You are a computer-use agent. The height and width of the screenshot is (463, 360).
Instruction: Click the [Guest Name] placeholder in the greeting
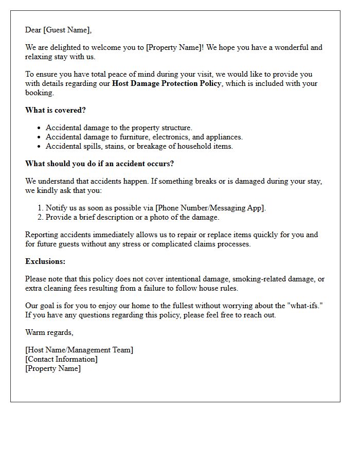[67, 30]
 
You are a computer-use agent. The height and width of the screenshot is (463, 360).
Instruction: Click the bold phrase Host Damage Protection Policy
[167, 83]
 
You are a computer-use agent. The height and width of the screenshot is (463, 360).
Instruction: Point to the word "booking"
[39, 93]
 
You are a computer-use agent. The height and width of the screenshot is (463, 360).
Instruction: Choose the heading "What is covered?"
[56, 110]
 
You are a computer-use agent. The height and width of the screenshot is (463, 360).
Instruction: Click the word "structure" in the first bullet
[175, 128]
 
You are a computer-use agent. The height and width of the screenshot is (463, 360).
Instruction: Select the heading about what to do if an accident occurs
[100, 164]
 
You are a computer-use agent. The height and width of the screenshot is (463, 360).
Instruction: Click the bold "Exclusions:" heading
[45, 261]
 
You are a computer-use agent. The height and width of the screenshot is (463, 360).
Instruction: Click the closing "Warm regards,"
[49, 332]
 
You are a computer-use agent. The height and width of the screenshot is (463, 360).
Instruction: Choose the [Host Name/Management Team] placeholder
[79, 350]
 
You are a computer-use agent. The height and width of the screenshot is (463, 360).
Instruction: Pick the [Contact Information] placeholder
[61, 359]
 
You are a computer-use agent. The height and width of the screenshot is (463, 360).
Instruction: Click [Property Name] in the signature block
[53, 368]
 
